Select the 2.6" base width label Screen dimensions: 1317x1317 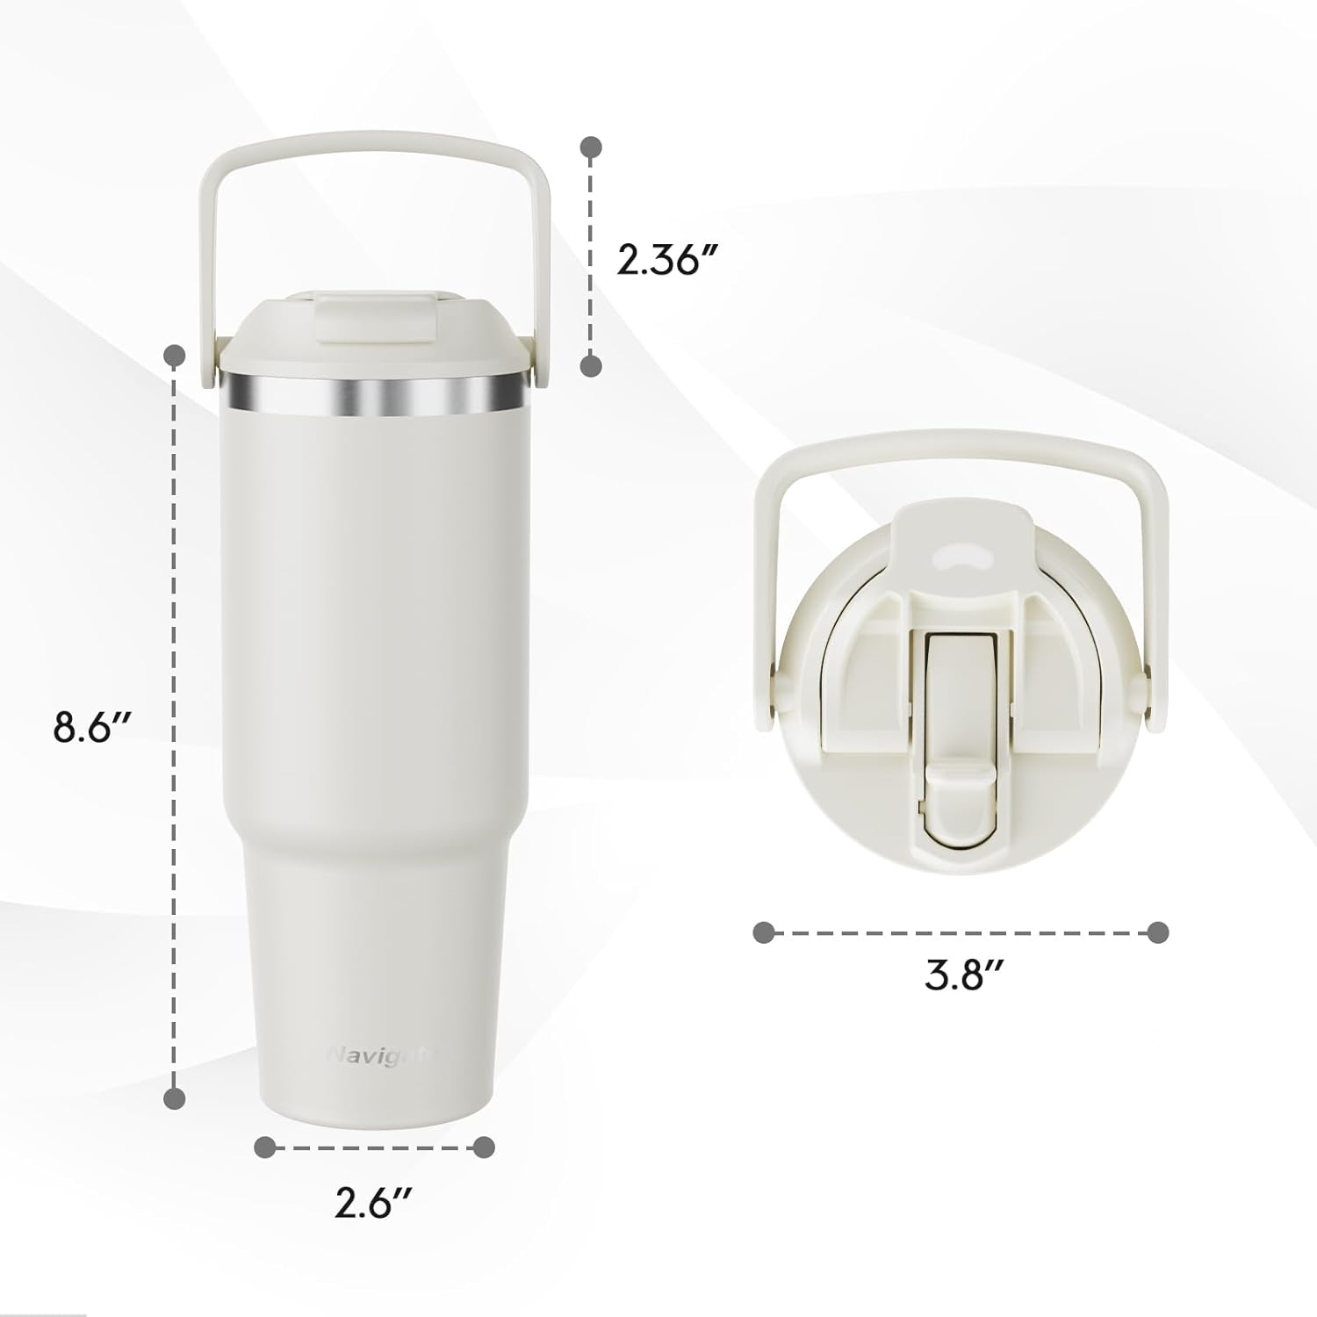[x=374, y=1204]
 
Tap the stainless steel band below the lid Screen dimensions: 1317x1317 [x=375, y=390]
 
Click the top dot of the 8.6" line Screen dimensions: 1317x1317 [x=176, y=356]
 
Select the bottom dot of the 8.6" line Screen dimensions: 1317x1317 [x=176, y=1097]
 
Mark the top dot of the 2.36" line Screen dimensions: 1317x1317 [x=593, y=148]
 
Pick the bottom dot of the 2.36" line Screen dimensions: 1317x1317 [x=593, y=365]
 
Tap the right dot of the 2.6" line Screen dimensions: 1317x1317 [x=484, y=1147]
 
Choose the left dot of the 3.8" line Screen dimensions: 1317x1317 [x=764, y=932]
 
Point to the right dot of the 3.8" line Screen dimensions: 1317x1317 [x=1158, y=932]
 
